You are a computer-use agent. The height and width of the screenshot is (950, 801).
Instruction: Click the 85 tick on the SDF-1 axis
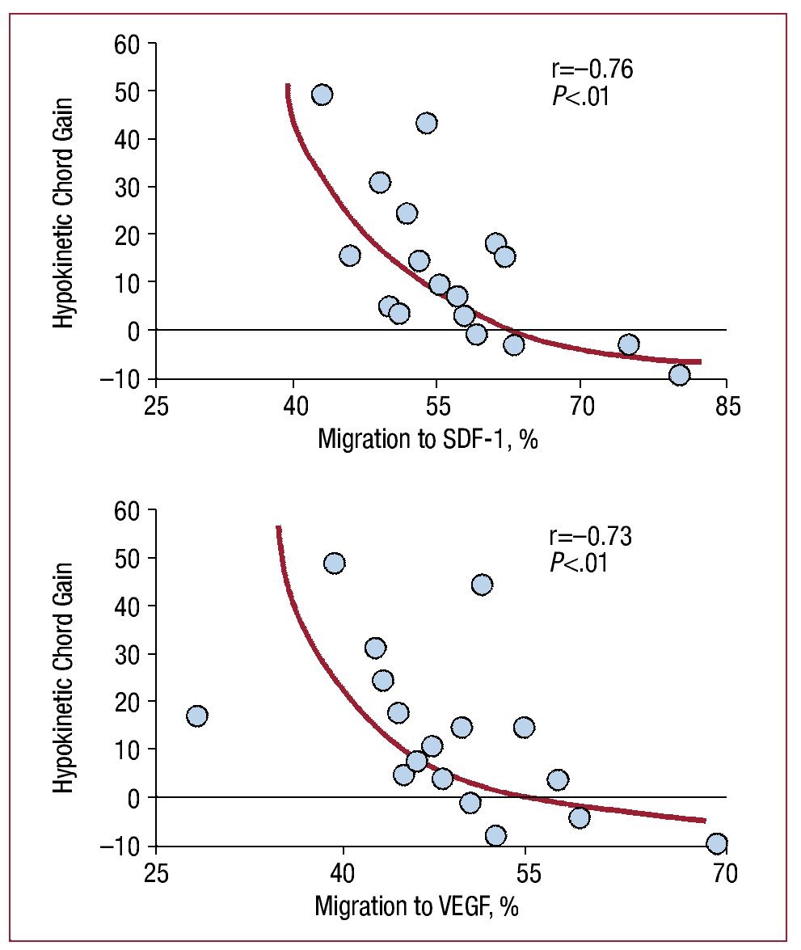(725, 406)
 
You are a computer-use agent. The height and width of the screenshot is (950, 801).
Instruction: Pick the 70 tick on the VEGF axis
(725, 873)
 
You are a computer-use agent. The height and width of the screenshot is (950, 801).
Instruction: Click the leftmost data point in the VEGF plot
(197, 716)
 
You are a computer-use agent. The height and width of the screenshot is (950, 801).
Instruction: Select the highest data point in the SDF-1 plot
(322, 95)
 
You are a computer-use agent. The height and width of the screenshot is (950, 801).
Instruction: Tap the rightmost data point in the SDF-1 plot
(679, 374)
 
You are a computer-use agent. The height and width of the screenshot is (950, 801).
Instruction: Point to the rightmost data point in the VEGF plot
(716, 844)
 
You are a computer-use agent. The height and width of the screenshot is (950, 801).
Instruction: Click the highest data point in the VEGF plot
(334, 563)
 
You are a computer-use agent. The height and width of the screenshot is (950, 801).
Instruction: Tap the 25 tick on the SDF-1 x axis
(156, 406)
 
